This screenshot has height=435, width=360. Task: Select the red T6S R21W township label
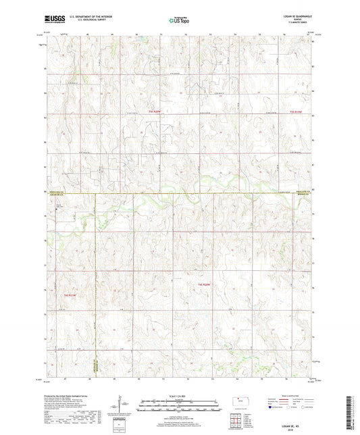coord(71,295)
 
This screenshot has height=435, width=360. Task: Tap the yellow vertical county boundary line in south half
coord(95,284)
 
